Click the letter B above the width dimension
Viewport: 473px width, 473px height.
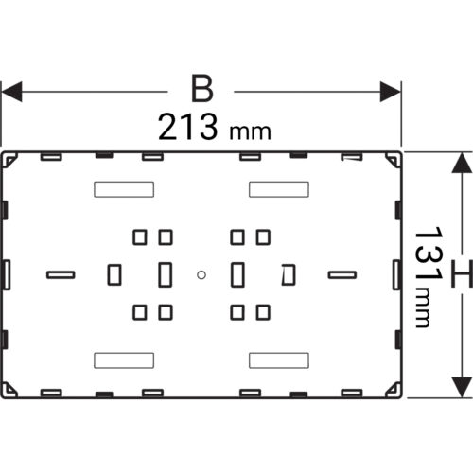pos(202,89)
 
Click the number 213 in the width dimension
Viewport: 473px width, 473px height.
pos(187,127)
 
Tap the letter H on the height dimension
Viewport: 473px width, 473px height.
pos(462,273)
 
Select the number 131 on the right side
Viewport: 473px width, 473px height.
pos(429,254)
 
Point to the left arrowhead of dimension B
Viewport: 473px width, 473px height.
pos(11,92)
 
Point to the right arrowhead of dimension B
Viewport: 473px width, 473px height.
pos(391,92)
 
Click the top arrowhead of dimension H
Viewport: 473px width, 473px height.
pos(462,163)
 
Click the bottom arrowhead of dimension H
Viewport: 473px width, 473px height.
pos(462,387)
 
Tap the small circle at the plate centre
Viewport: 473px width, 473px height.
pos(201,275)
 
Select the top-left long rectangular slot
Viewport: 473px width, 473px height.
pos(124,189)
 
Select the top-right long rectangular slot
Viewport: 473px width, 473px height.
pos(279,189)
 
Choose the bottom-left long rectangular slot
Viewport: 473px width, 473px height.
pos(124,360)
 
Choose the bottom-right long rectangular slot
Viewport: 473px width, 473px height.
pos(279,360)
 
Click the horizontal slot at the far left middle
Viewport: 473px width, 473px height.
pos(61,275)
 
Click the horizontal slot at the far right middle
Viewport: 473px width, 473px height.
pos(342,275)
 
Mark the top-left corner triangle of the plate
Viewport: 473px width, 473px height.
pos(9,160)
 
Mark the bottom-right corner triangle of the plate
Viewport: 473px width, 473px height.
pos(394,390)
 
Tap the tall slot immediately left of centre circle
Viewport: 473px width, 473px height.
pos(166,274)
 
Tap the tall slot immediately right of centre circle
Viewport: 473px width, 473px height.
pos(237,274)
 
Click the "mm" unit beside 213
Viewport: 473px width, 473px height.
pos(250,132)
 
